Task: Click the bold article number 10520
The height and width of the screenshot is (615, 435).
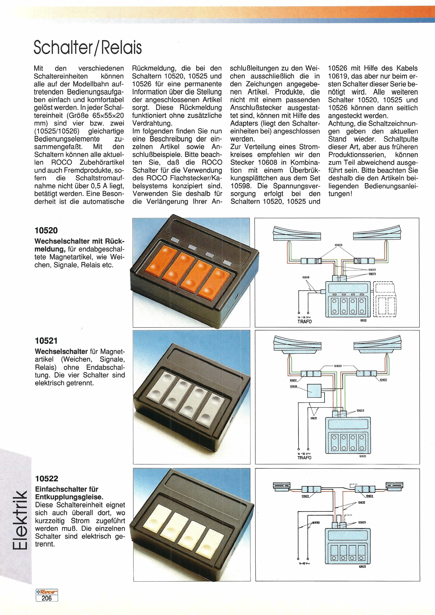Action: click(46, 230)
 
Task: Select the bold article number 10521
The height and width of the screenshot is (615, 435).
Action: click(46, 341)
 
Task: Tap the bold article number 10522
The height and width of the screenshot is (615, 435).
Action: click(46, 479)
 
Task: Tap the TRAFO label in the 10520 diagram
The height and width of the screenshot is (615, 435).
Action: click(305, 321)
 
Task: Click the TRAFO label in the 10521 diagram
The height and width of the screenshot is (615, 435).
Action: click(305, 458)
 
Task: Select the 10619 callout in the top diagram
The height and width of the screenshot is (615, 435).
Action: click(306, 277)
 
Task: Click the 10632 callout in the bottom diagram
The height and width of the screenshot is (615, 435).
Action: click(362, 503)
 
